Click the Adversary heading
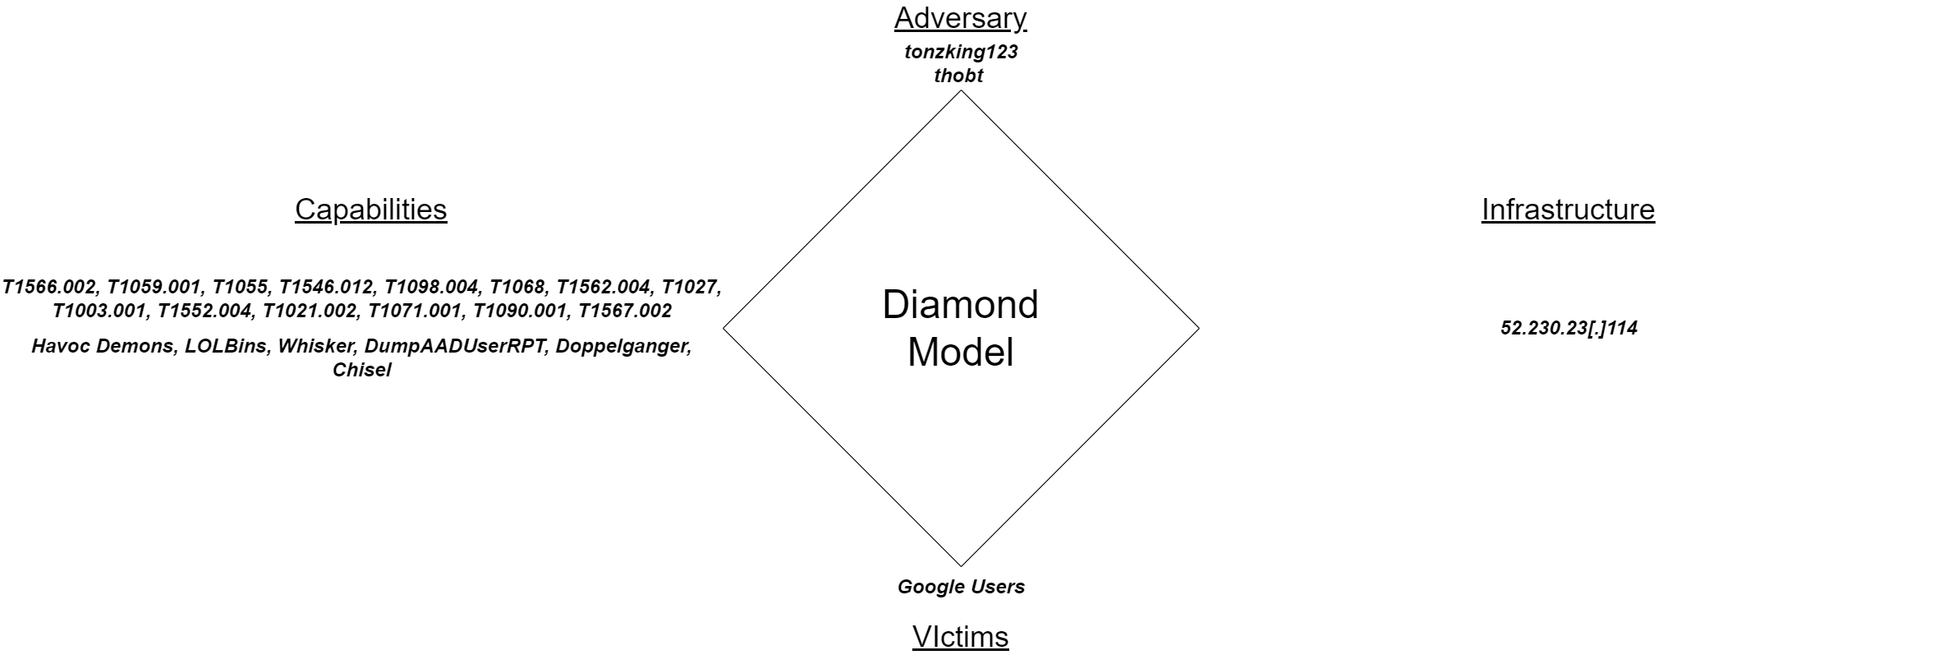click(960, 18)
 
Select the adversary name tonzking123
click(961, 52)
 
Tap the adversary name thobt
click(958, 76)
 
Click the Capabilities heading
click(370, 210)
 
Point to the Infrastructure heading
click(1568, 210)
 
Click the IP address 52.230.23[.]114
click(1568, 328)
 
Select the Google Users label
click(961, 587)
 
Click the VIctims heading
click(960, 636)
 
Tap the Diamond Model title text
click(960, 328)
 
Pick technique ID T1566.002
click(50, 287)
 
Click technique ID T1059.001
click(154, 287)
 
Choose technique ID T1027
click(691, 287)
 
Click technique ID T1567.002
click(625, 311)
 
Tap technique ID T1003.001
click(99, 311)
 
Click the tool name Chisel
click(361, 370)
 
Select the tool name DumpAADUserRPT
click(454, 346)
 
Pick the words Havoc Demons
click(103, 346)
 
